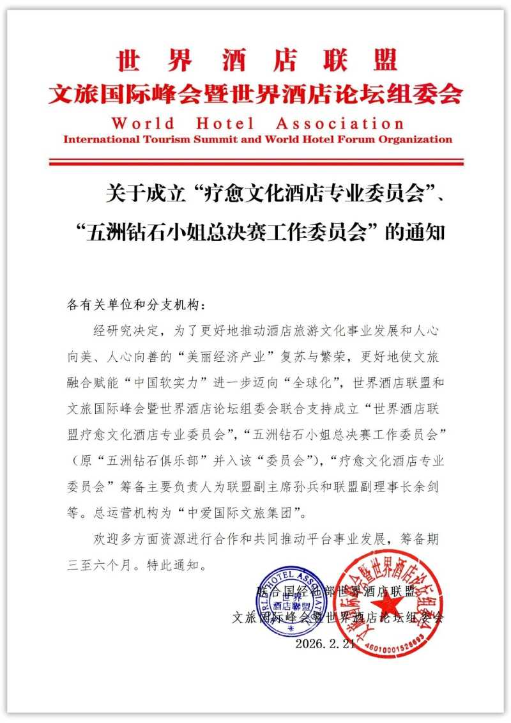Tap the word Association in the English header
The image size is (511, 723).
(x=340, y=123)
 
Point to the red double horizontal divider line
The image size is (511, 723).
(x=256, y=161)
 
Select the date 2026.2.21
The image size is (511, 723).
(x=324, y=644)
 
